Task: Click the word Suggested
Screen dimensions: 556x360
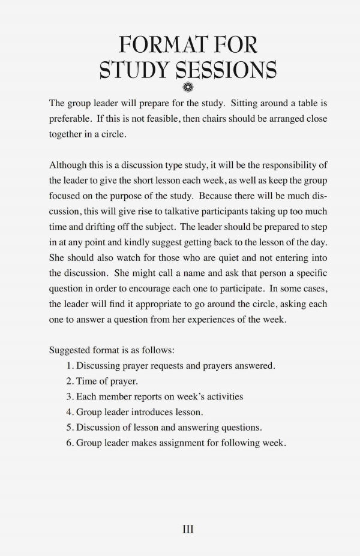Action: tap(71, 350)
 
